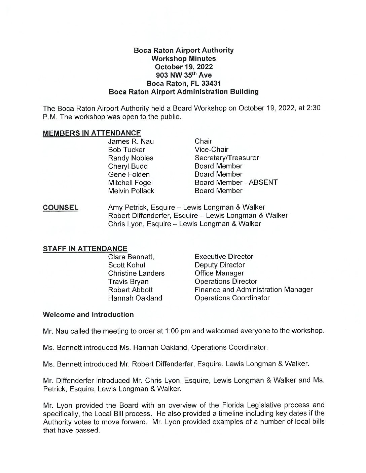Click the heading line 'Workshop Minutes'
coord(184,58)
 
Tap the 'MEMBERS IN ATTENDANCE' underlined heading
coord(92,133)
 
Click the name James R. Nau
coord(131,141)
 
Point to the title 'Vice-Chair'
coord(211,149)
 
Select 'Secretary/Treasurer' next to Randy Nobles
coord(226,158)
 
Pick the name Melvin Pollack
coord(131,191)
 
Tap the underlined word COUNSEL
coord(61,207)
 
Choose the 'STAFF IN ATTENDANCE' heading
coord(85,249)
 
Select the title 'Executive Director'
coord(224,257)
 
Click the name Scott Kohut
coord(127,265)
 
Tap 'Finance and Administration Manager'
coord(254,290)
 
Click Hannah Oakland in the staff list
coord(135,298)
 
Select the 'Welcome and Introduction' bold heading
coord(88,315)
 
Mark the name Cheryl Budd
coord(128,166)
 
